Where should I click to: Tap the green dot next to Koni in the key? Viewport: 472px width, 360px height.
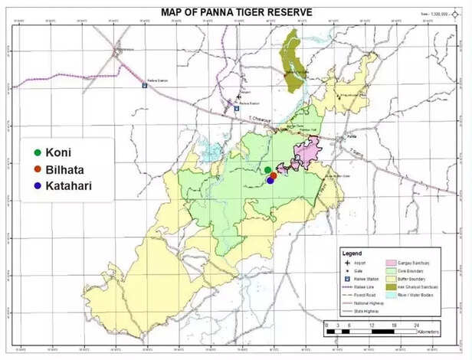pos(38,152)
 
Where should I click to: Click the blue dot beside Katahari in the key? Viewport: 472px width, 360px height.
pos(38,185)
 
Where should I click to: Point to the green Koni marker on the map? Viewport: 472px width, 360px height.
pos(267,170)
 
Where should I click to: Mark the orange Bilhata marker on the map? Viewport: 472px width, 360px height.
pos(274,175)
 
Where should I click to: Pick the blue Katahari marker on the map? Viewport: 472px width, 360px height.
pos(270,181)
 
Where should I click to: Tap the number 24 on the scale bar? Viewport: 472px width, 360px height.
pos(417,325)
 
